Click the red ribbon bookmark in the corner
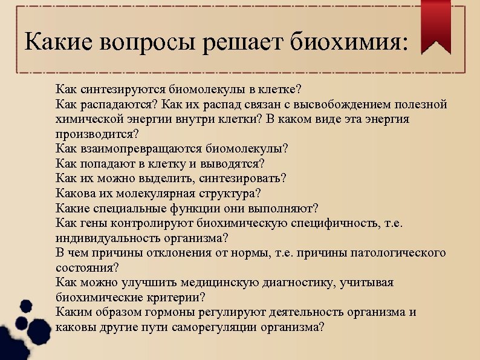[x=436, y=24]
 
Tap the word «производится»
[x=96, y=134]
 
